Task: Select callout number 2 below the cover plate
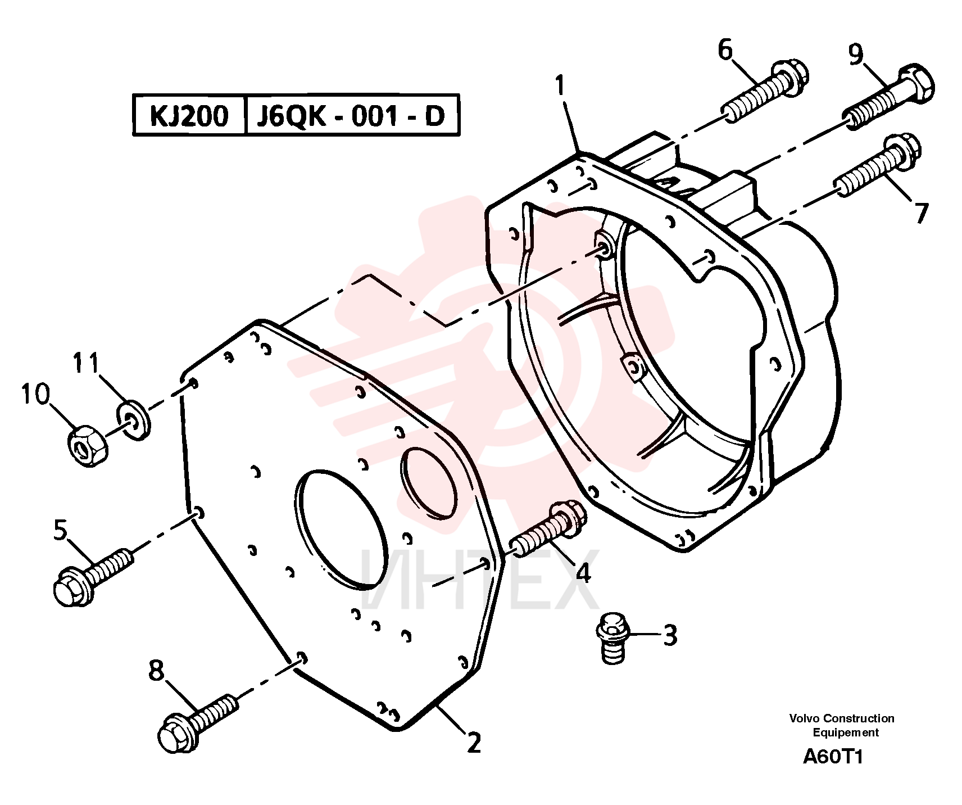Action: pyautogui.click(x=474, y=743)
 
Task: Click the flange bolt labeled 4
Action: pyautogui.click(x=547, y=528)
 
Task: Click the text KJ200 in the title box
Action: pyautogui.click(x=189, y=116)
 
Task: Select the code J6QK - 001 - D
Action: pyautogui.click(x=351, y=116)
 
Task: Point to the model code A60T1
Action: pyautogui.click(x=833, y=757)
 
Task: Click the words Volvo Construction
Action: pyautogui.click(x=842, y=718)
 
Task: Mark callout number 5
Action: pyautogui.click(x=60, y=530)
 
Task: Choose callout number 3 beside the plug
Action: pyautogui.click(x=670, y=636)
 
